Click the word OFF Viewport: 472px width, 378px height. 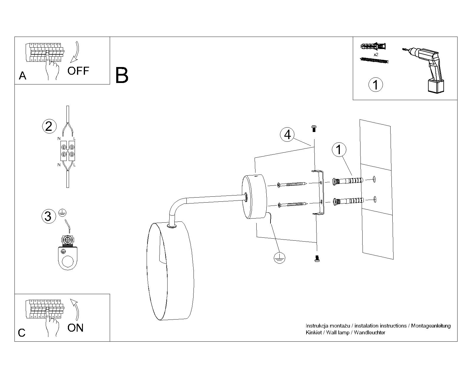(78, 71)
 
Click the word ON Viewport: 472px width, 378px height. (76, 328)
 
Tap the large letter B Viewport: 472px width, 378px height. (122, 75)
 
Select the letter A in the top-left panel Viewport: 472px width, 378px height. (22, 76)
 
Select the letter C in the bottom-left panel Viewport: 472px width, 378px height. (22, 333)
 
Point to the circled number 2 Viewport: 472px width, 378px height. (49, 126)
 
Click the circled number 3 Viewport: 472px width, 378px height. (48, 216)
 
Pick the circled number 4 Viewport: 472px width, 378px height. (287, 135)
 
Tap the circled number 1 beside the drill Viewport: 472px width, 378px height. (376, 85)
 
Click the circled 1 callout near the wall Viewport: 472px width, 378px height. (339, 149)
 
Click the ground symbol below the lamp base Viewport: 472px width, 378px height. (279, 258)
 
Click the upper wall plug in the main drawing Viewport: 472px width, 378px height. (348, 180)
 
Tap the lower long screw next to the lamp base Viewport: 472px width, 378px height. (292, 204)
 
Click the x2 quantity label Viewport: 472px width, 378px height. (376, 55)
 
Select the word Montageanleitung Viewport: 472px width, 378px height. (431, 326)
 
